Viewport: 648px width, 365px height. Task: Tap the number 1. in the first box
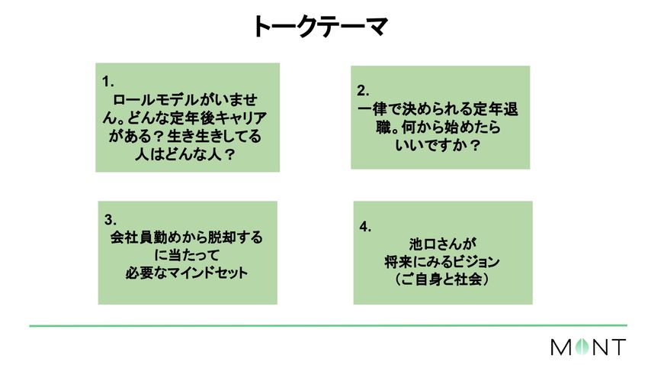point(108,80)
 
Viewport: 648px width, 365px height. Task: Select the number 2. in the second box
point(364,89)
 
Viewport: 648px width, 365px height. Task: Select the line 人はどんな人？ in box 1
point(186,155)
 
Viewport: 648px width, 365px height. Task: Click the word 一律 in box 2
point(371,109)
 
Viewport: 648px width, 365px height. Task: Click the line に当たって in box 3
point(187,255)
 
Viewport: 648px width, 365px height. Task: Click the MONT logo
point(588,347)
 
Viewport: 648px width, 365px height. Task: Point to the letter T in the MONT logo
point(618,347)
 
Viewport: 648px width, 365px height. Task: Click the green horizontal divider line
point(328,326)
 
